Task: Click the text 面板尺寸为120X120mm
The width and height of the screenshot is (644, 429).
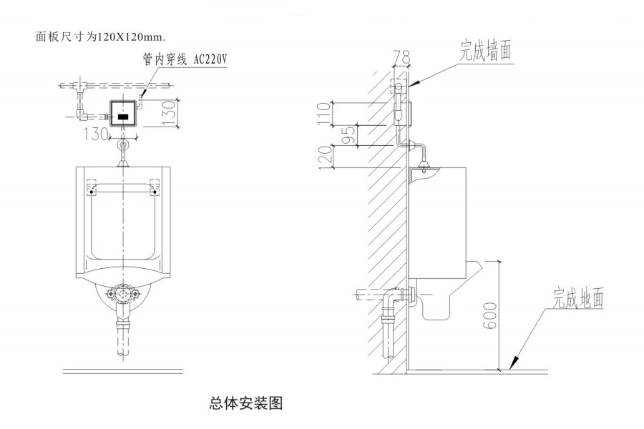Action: click(100, 36)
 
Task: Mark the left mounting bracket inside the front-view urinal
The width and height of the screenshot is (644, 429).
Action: click(91, 189)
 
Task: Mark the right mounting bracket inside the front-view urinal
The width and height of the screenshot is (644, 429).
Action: click(155, 189)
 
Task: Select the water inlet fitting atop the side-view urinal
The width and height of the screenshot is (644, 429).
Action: click(425, 167)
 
